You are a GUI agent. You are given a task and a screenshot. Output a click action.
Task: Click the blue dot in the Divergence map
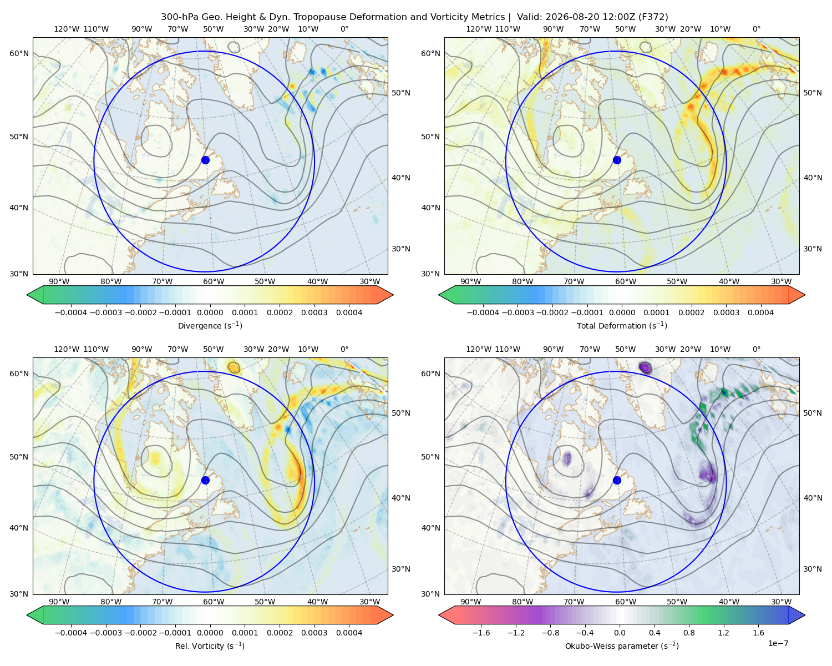pyautogui.click(x=205, y=160)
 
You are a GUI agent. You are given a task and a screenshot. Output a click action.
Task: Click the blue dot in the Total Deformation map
pyautogui.click(x=617, y=160)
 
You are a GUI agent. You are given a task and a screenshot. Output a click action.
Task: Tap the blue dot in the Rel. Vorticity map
pyautogui.click(x=205, y=480)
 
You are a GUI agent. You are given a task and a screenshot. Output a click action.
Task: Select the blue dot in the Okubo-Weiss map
pyautogui.click(x=617, y=480)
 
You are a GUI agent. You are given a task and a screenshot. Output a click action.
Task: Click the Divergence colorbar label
pyautogui.click(x=210, y=325)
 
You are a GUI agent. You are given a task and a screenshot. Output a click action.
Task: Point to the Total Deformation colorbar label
pyautogui.click(x=622, y=325)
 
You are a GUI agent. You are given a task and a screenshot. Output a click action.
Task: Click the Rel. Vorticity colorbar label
pyautogui.click(x=210, y=645)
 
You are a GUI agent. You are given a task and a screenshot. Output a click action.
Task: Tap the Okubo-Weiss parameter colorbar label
pyautogui.click(x=622, y=645)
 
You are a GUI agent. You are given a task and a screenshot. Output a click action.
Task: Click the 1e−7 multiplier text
pyautogui.click(x=778, y=643)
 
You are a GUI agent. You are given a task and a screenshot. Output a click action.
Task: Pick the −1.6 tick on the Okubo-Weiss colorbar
pyautogui.click(x=481, y=632)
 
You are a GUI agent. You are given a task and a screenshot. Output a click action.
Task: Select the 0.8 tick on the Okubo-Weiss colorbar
pyautogui.click(x=689, y=632)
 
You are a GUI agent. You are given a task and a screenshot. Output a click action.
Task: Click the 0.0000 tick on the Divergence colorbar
pyautogui.click(x=210, y=312)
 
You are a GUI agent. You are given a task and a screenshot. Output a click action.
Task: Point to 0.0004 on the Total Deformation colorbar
pyautogui.click(x=760, y=312)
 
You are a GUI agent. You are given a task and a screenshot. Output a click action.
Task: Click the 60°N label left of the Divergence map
pyautogui.click(x=19, y=53)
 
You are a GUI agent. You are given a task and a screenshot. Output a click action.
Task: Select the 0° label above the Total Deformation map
pyautogui.click(x=756, y=29)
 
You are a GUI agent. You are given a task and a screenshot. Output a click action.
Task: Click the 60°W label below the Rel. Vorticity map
pyautogui.click(x=214, y=602)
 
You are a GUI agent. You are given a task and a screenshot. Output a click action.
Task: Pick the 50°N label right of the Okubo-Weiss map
pyautogui.click(x=813, y=413)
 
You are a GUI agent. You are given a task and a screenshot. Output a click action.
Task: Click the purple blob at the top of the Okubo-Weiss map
pyautogui.click(x=645, y=367)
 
